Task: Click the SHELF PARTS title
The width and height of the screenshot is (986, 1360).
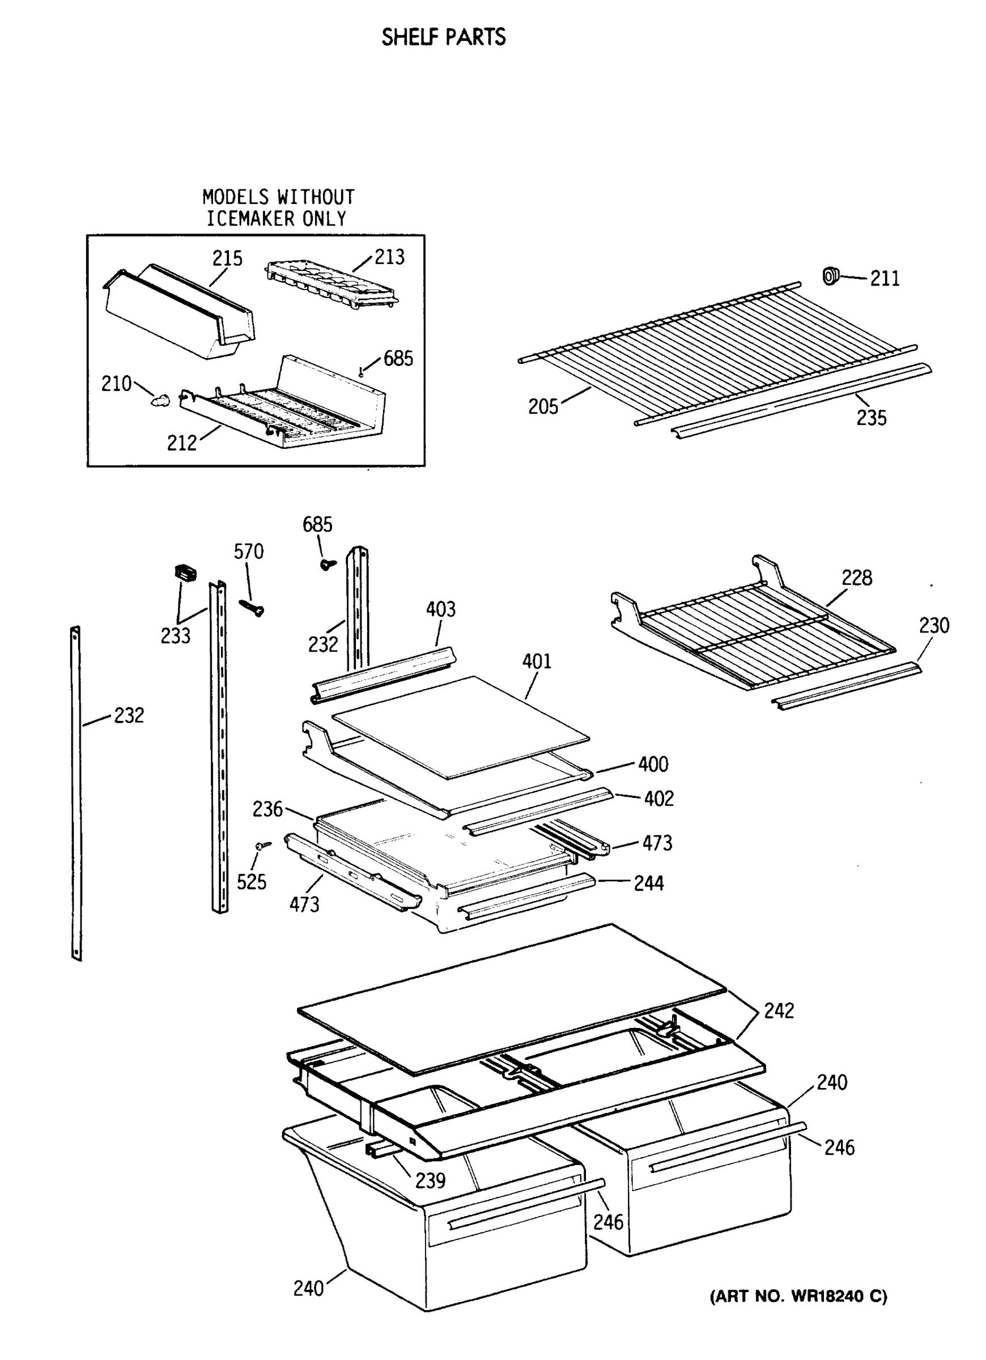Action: pyautogui.click(x=443, y=37)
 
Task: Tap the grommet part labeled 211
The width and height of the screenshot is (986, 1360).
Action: pyautogui.click(x=830, y=276)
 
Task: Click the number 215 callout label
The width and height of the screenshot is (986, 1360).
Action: pyautogui.click(x=227, y=258)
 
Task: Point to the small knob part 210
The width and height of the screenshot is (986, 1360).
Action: pyautogui.click(x=160, y=400)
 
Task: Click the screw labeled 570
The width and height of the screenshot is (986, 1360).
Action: pyautogui.click(x=252, y=607)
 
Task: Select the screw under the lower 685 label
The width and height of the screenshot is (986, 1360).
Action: pyautogui.click(x=328, y=563)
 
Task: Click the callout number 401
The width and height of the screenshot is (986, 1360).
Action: pyautogui.click(x=536, y=661)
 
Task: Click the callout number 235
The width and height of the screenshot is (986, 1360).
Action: pyautogui.click(x=871, y=418)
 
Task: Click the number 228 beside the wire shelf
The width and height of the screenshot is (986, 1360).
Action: pyautogui.click(x=856, y=577)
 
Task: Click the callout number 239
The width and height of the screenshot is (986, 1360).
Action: pyautogui.click(x=430, y=1180)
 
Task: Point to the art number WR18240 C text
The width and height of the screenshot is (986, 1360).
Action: pyautogui.click(x=798, y=1297)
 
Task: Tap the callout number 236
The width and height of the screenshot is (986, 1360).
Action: pyautogui.click(x=267, y=809)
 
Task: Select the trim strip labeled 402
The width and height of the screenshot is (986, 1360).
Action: pyautogui.click(x=538, y=810)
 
